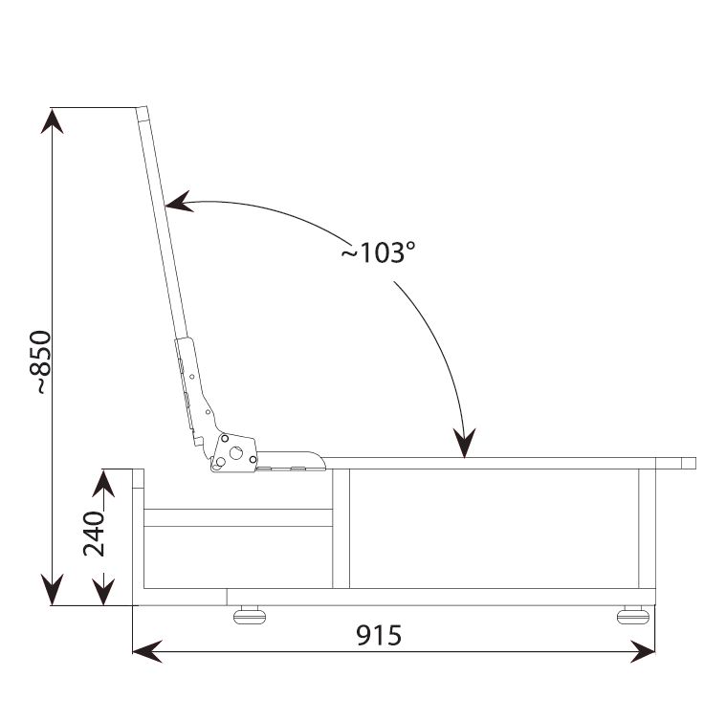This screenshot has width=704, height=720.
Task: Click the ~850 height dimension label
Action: point(40,362)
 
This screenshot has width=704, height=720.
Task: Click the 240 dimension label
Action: point(94,534)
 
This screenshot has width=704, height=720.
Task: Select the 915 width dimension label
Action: point(379,636)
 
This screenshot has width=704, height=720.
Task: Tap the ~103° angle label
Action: point(378,252)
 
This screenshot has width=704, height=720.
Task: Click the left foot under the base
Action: point(250,615)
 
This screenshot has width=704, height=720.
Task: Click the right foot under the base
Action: point(633,615)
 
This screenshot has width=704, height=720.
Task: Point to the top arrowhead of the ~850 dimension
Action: point(52,120)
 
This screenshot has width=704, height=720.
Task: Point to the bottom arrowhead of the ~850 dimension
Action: point(52,591)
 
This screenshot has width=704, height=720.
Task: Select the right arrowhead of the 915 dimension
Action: point(642,651)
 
